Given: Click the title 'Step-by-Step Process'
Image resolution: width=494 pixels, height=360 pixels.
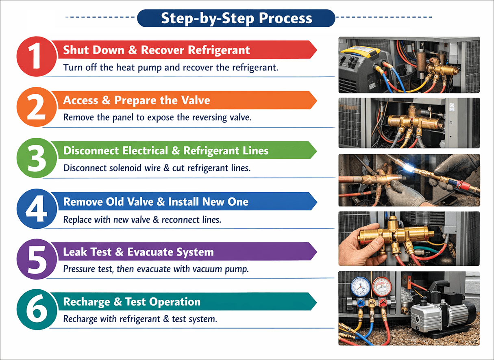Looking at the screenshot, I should [237, 18].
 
